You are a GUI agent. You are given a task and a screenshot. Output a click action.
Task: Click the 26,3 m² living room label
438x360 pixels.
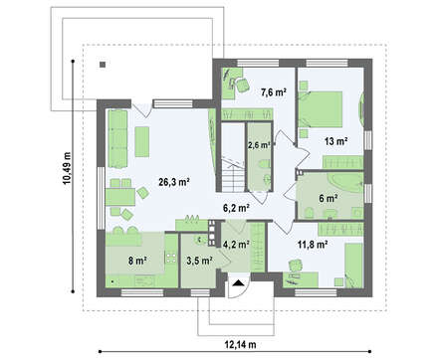coord(174,182)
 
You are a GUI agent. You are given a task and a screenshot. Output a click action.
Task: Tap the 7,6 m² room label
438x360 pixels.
coord(274,92)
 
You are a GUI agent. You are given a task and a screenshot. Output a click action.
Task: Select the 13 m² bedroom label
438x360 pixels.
coord(335,141)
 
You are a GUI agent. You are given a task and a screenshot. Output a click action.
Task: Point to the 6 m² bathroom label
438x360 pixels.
coord(328,199)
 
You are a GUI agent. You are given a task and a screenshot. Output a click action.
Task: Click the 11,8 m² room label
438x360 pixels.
coord(313,245)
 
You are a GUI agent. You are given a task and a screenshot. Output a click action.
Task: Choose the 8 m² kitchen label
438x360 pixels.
coord(137,262)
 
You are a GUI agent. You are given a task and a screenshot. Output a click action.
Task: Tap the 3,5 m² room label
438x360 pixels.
coord(199,261)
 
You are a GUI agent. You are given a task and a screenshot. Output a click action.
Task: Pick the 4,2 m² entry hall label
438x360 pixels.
coord(236,245)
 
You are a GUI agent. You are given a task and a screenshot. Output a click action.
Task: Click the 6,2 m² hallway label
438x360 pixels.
coord(236,208)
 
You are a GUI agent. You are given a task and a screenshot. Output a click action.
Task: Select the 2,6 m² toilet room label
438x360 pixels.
coord(259,145)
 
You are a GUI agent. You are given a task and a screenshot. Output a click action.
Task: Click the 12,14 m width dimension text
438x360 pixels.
coord(241,345)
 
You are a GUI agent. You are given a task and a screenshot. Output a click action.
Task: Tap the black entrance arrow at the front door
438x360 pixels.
coord(238,282)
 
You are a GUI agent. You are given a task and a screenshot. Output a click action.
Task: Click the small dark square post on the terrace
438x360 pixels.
coord(103,65)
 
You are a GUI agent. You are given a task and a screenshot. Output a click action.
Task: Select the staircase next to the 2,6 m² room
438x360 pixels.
coord(233,157)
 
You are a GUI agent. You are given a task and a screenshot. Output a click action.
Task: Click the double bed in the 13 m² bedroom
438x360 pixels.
coord(321,109)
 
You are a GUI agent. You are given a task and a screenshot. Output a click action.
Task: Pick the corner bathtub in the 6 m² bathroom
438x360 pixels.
coord(346,183)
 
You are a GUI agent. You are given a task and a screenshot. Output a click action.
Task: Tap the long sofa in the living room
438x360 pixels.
coord(117,138)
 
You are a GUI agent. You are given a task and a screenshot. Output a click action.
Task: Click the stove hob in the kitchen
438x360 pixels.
coord(171,258)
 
